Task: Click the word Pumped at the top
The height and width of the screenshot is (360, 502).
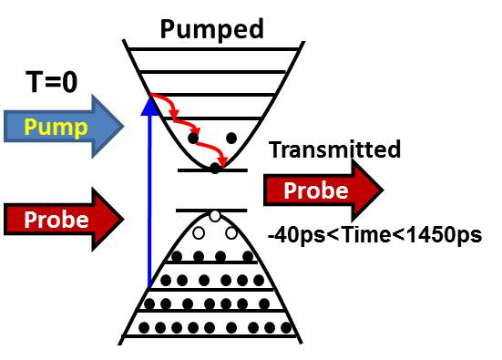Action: tap(211, 28)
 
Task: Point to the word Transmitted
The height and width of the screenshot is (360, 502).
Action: tap(334, 150)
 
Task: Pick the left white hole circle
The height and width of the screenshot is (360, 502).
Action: tap(212, 216)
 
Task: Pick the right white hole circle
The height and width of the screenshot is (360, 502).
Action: tap(231, 233)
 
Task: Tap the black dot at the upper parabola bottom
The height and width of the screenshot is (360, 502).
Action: tap(214, 167)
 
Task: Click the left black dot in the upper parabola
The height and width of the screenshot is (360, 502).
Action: tap(193, 139)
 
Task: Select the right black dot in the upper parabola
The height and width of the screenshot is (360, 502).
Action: tap(231, 139)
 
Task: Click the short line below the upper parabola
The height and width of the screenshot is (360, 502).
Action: tap(211, 171)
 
